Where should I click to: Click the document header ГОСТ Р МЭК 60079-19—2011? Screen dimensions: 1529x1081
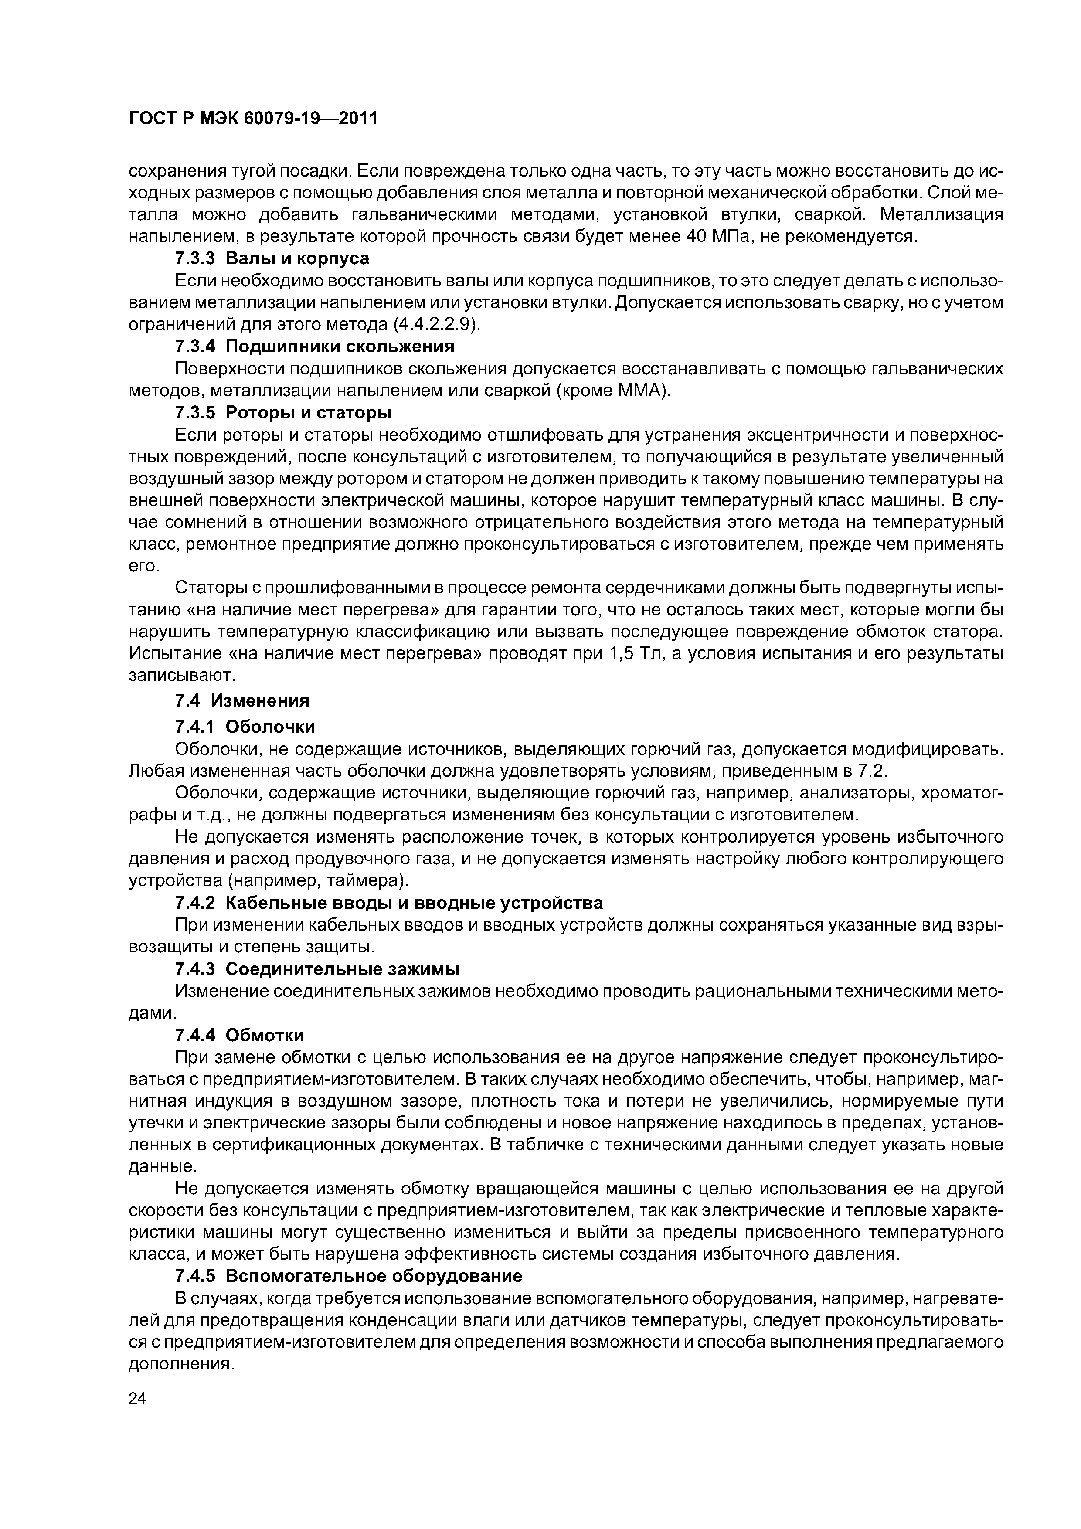click(x=252, y=119)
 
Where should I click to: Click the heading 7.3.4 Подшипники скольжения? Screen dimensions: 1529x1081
click(x=314, y=346)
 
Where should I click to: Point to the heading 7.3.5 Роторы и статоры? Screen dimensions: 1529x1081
click(x=283, y=413)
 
